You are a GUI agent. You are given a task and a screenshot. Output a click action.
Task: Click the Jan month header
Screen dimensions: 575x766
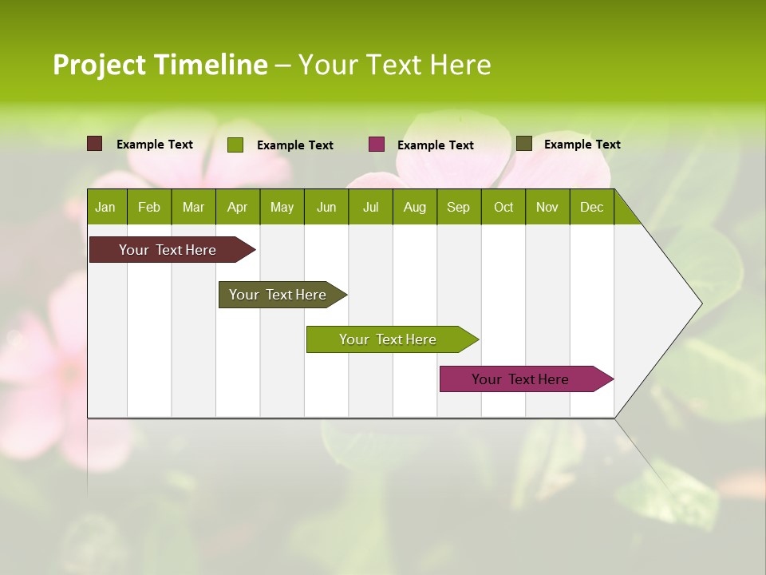106,207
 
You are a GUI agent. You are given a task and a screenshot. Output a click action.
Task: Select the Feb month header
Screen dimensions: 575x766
149,207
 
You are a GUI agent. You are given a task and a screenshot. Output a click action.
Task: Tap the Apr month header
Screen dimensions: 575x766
237,207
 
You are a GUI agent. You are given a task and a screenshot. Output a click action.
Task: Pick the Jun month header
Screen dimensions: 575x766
326,207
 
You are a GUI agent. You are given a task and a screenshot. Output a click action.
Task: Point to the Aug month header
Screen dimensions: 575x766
414,207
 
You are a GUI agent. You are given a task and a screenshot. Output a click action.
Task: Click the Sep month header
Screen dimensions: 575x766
458,207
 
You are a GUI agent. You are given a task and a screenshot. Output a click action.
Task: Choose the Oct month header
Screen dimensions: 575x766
503,207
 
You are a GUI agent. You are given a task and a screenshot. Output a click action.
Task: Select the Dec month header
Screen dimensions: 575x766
591,207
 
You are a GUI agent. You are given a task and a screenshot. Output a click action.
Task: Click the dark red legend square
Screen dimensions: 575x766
95,144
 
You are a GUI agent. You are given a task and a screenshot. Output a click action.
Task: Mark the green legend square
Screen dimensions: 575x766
235,145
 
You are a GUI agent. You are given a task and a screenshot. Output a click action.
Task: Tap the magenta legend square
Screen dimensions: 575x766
377,145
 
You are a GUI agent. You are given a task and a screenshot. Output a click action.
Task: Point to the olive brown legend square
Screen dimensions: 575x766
524,144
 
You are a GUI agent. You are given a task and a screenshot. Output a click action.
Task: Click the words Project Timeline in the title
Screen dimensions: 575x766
160,65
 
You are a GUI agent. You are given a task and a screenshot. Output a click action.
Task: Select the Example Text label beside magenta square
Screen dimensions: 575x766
436,145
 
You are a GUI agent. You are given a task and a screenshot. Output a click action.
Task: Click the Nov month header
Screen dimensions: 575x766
547,207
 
